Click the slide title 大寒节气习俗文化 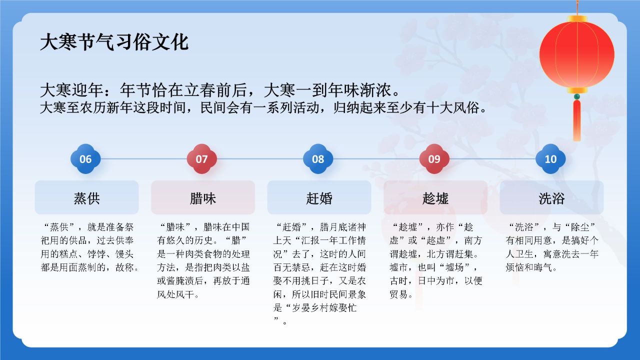tap(114, 42)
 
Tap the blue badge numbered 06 tap(85, 159)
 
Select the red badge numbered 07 tap(201, 159)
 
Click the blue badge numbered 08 tap(318, 159)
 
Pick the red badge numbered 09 tap(434, 159)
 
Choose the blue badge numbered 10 tap(550, 159)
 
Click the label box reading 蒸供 tap(86, 198)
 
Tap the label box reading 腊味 tap(203, 198)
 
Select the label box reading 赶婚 tap(319, 198)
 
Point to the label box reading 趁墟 tap(435, 198)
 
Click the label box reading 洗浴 tap(551, 198)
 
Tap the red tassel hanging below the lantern tap(576, 120)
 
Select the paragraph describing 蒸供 tap(89, 247)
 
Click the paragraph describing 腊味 tap(203, 260)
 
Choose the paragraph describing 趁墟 tap(435, 260)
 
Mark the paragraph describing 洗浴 tap(552, 247)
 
